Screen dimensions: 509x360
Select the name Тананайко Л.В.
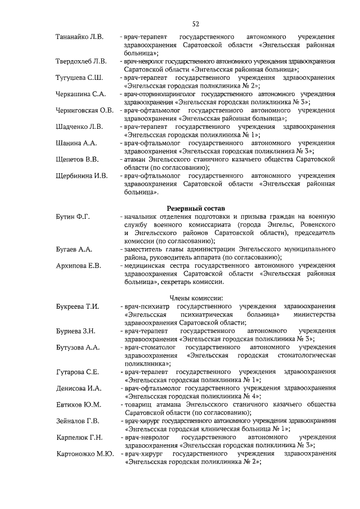click(79, 37)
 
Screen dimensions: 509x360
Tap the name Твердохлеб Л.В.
click(81, 61)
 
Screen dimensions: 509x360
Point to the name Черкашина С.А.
click(81, 93)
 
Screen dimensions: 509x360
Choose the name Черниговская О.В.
click(84, 110)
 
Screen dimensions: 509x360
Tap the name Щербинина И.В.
click(82, 175)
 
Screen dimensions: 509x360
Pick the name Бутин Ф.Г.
click(73, 216)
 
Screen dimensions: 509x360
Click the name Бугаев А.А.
click(74, 249)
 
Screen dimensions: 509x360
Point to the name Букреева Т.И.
click(77, 307)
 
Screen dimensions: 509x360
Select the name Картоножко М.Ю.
click(83, 453)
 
